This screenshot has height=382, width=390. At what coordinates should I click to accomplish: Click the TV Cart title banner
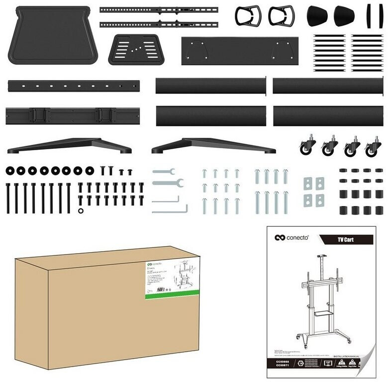346,240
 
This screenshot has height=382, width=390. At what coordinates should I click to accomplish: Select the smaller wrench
164,172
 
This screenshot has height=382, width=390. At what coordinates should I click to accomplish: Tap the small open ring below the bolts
81,210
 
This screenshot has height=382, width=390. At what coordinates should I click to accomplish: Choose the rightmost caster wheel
373,147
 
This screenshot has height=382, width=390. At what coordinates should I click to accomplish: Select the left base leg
70,145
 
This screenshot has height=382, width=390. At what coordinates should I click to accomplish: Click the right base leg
214,146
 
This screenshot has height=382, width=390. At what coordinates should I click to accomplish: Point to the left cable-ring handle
248,16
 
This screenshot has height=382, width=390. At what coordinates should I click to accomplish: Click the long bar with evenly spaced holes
73,86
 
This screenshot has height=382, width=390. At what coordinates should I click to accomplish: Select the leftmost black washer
10,171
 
